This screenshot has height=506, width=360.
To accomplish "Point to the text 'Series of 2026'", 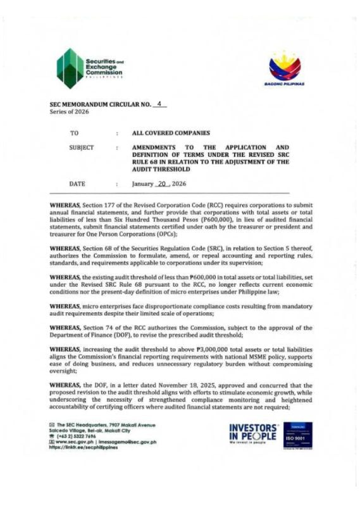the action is pos(70,112).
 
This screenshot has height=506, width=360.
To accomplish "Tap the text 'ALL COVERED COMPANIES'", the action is pos(170,133).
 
